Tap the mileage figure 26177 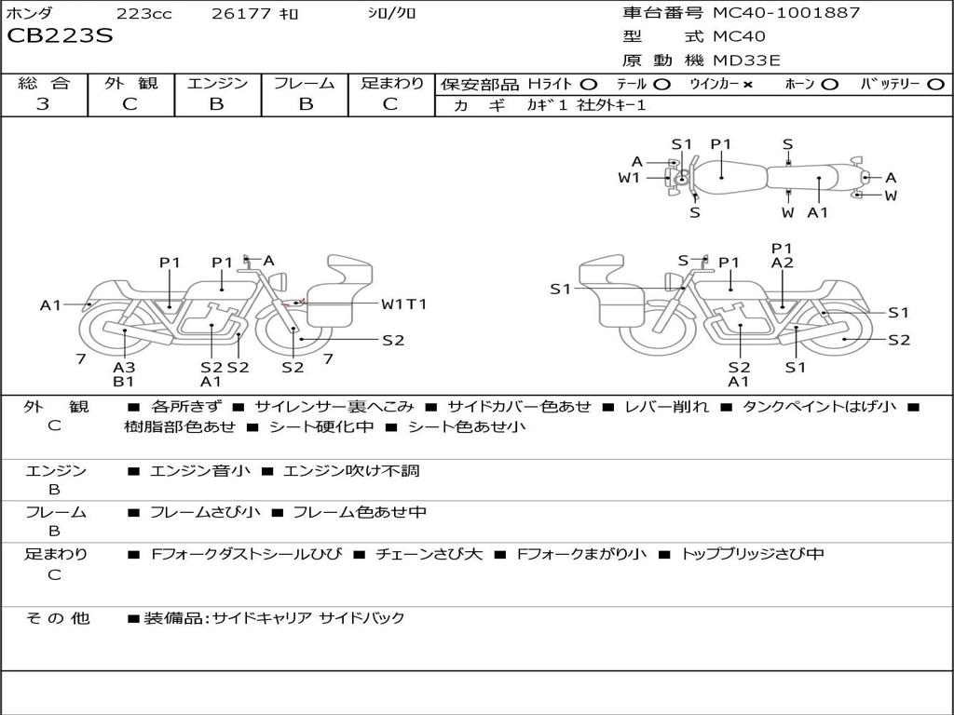240,14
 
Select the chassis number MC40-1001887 786,13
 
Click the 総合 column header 43,84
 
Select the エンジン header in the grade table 217,84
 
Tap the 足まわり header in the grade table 390,84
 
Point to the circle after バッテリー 935,85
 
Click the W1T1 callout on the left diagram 403,304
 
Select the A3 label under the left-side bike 124,367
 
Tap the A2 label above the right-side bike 783,263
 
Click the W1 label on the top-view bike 630,178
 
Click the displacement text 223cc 143,14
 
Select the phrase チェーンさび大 429,554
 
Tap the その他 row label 58,617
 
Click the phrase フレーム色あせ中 360,512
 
